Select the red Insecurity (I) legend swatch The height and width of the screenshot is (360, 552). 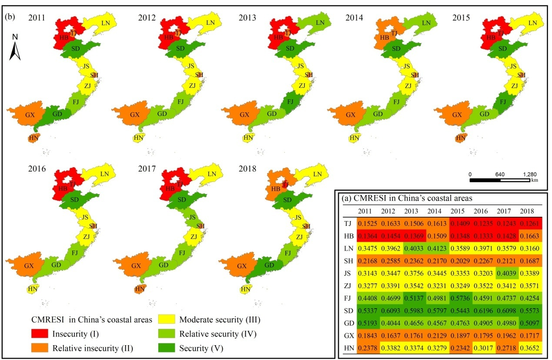click(41, 334)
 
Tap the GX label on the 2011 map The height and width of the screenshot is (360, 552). click(30, 115)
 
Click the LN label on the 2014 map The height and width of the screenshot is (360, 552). click(426, 23)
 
